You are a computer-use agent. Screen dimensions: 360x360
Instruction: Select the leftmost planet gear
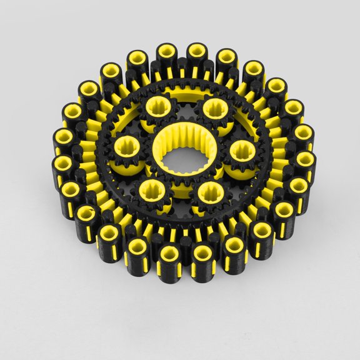tap(129, 149)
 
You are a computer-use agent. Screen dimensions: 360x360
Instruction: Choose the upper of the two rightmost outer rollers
tap(304, 135)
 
